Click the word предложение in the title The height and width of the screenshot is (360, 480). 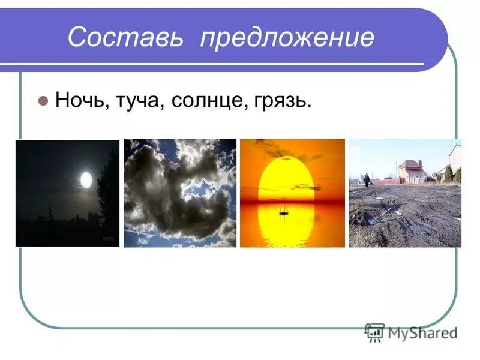click(287, 38)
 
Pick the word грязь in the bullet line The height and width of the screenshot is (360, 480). click(283, 101)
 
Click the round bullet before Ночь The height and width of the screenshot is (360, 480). click(43, 100)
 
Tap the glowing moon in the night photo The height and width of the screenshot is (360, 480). click(86, 179)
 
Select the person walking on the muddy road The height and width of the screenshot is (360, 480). click(367, 179)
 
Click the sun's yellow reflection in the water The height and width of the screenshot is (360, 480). click(292, 225)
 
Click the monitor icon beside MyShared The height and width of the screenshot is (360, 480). click(374, 332)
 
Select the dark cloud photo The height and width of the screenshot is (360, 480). click(180, 193)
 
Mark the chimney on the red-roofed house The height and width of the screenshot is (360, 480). click(420, 163)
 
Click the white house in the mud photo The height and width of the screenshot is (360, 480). click(455, 158)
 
